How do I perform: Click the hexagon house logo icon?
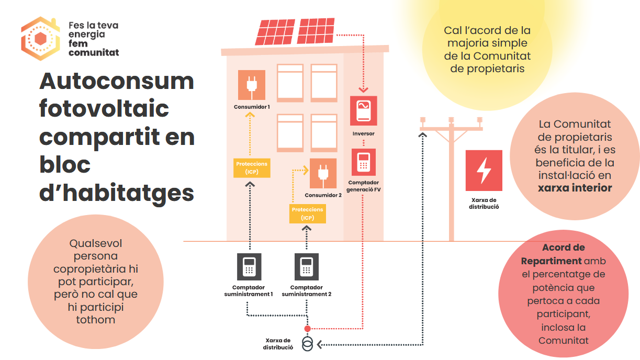tap(40, 39)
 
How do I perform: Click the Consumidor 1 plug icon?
tap(251, 85)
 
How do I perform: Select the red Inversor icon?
tap(363, 110)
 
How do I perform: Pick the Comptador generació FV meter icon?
tap(363, 163)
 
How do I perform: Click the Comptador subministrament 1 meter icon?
tap(249, 267)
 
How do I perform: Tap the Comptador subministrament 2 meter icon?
tap(307, 267)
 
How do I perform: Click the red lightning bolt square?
tap(484, 171)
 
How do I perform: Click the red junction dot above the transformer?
tap(308, 329)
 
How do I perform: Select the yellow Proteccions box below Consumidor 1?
tap(252, 168)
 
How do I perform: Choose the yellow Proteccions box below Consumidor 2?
tap(308, 213)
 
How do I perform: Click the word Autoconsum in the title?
tap(117, 82)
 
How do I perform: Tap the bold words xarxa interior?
tap(575, 188)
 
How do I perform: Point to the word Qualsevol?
tap(95, 243)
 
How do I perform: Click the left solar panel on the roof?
tap(275, 32)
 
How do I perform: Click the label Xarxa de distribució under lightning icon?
tap(484, 203)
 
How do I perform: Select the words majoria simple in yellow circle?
tap(487, 43)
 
